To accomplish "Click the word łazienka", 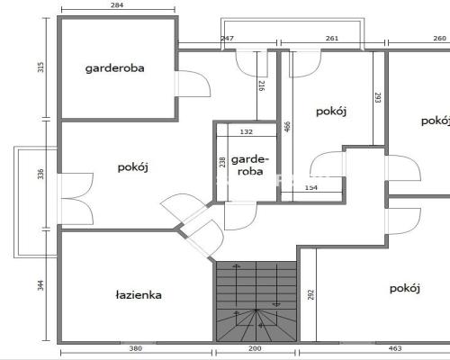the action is point(139,295).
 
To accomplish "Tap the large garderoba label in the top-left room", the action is point(115,68).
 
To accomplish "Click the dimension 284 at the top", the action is point(117,5).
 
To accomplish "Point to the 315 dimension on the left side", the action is point(40,67).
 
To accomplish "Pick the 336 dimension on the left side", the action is point(40,175).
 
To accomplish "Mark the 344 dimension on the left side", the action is point(40,285).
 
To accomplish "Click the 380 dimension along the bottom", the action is point(136,348).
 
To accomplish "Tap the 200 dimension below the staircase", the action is point(255,348).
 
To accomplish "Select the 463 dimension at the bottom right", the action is point(395,348).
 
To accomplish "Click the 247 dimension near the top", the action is point(227,39).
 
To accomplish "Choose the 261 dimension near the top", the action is point(332,39).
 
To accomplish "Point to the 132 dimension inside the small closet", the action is point(247,131).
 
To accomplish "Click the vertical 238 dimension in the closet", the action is point(222,162).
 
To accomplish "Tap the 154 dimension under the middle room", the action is point(311,188).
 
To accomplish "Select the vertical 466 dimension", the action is point(287,127).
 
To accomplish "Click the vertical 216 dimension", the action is point(261,86).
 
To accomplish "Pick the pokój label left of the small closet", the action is point(133,167).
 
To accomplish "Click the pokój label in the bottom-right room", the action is point(405,288).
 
